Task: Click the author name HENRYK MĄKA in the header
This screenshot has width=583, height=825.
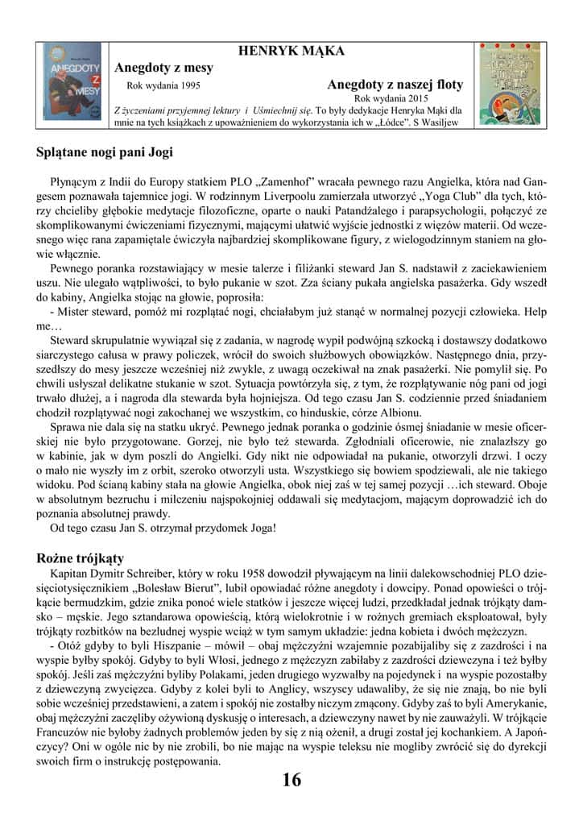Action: click(291, 51)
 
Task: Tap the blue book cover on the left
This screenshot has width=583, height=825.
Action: click(72, 82)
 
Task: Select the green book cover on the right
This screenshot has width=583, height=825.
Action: click(511, 82)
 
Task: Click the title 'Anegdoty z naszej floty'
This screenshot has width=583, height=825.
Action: click(395, 83)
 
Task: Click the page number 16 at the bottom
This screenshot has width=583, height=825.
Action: click(291, 781)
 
